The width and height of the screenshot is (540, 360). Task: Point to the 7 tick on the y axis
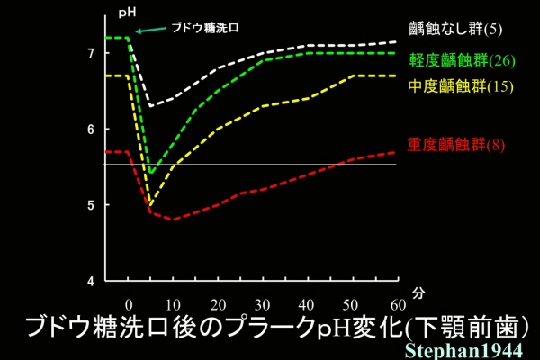[90, 54]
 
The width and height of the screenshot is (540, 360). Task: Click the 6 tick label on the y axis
[90, 130]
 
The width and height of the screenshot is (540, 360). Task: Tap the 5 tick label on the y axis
[90, 205]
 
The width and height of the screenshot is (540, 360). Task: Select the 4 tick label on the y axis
[90, 281]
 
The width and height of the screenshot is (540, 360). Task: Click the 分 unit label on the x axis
[419, 293]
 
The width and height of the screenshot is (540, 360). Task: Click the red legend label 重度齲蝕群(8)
[451, 144]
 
